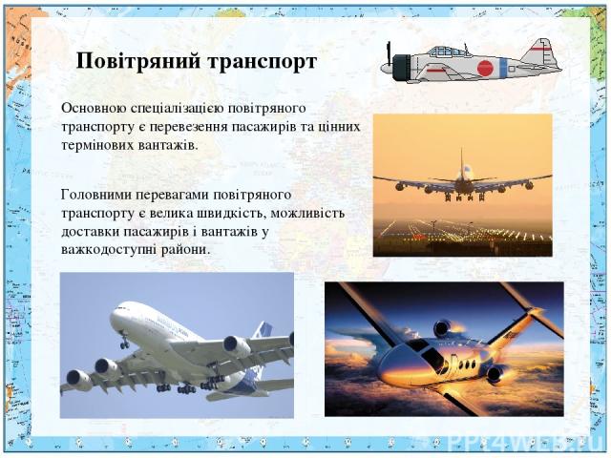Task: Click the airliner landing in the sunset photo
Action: pyautogui.click(x=461, y=182)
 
